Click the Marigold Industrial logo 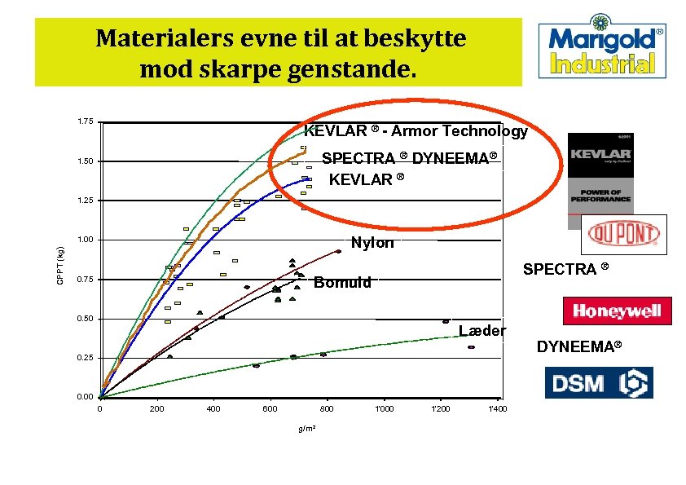601,50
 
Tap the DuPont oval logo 625,235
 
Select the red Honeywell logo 617,311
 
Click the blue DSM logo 599,382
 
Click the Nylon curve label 372,243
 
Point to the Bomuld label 343,283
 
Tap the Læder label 482,331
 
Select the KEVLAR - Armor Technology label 416,131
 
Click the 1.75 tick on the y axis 85,122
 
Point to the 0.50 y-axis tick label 85,319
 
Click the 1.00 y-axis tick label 85,240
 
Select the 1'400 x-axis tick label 497,408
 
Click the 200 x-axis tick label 156,408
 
